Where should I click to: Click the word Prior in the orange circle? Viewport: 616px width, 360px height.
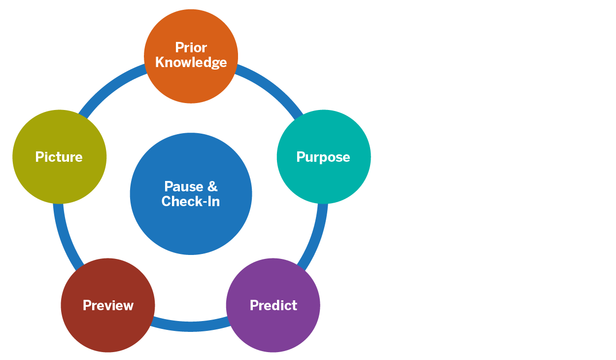pos(191,47)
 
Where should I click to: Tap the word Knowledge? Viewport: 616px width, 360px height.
pos(191,63)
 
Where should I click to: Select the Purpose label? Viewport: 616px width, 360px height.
pos(323,157)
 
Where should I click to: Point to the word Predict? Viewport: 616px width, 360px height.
pos(274,305)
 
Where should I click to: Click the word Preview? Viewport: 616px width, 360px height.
pos(108,305)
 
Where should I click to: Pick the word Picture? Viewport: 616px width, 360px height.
pos(59,157)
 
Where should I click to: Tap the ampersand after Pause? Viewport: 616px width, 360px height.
pos(212,186)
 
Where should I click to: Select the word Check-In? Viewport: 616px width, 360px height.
pos(191,201)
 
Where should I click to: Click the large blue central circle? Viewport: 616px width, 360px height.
pos(191,227)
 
